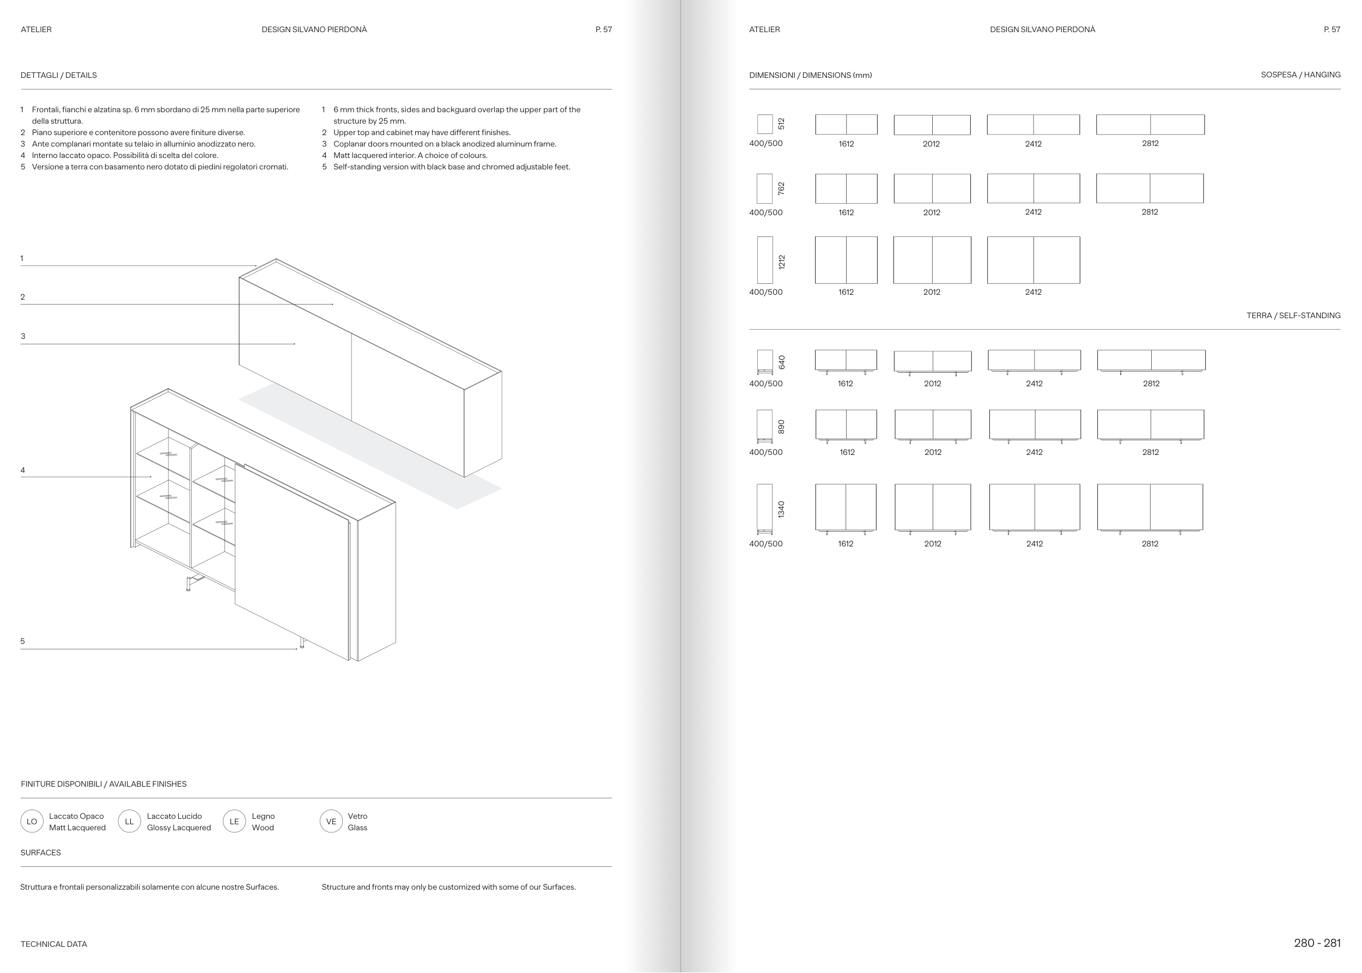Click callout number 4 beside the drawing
23,470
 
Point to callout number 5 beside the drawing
23,641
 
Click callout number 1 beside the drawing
22,259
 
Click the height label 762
781,188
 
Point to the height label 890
781,427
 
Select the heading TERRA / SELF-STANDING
1293,315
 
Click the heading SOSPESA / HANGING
1300,75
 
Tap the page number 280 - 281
1317,943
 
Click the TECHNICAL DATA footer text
54,944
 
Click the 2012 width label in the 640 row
932,384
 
